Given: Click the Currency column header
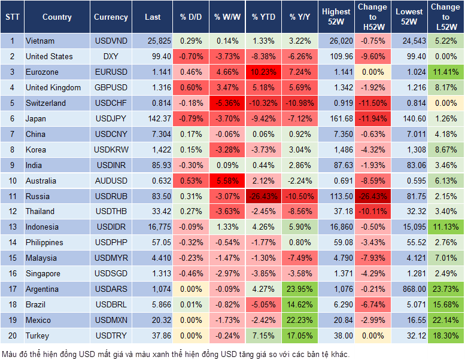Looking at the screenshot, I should coord(111,17).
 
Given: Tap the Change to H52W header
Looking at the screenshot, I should coord(372,17).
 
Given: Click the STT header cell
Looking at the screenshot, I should coord(11,17).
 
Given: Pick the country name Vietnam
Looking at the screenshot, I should coord(40,41).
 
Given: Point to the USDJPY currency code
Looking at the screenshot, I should coord(111,118).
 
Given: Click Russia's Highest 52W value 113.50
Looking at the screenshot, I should coord(336,196).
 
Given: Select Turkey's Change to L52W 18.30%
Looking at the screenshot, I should coord(445,336).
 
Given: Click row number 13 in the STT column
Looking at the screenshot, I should coord(11,227).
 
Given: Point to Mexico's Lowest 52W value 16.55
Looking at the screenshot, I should coord(410,321).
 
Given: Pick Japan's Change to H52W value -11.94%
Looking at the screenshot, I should coord(372,118).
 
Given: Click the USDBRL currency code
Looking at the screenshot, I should coord(111,305).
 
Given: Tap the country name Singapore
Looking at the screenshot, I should coord(43,274).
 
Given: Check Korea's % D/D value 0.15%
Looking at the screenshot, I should coord(190,150).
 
